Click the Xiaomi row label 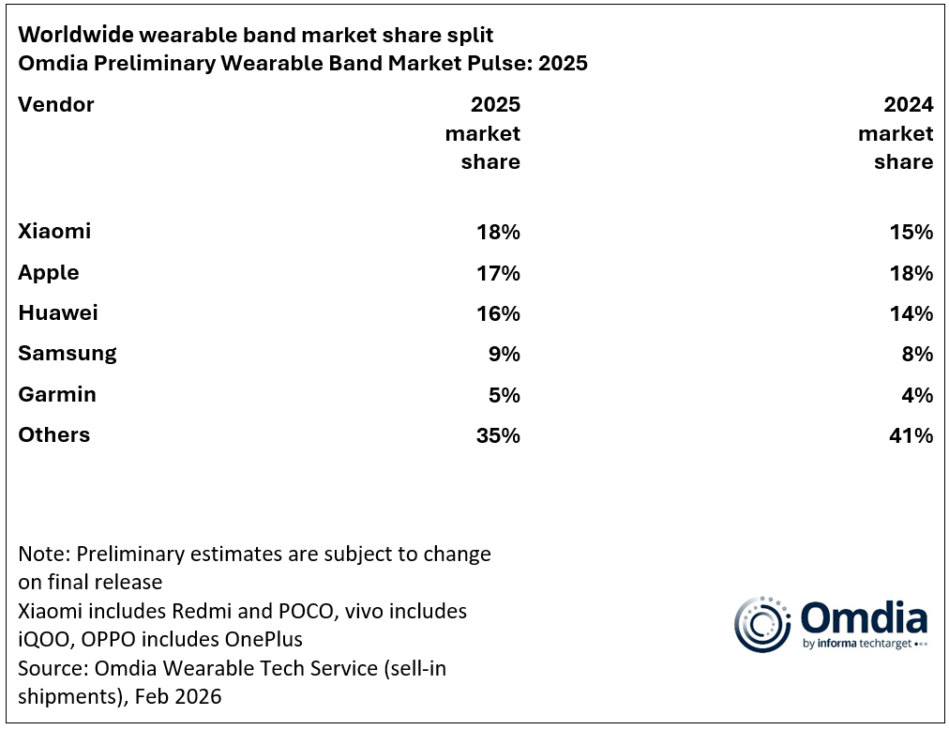pyautogui.click(x=54, y=231)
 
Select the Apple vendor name pyautogui.click(x=49, y=273)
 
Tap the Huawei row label pyautogui.click(x=58, y=312)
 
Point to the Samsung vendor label pyautogui.click(x=68, y=354)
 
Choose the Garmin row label pyautogui.click(x=57, y=394)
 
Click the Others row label pyautogui.click(x=54, y=434)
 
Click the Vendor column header pyautogui.click(x=56, y=104)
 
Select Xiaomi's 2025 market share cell pyautogui.click(x=498, y=232)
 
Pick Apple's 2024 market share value pyautogui.click(x=911, y=273)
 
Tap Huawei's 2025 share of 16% pyautogui.click(x=498, y=313)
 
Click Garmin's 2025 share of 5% pyautogui.click(x=504, y=395)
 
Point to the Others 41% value pyautogui.click(x=911, y=435)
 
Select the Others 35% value pyautogui.click(x=498, y=435)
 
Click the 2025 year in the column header pyautogui.click(x=495, y=104)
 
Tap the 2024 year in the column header pyautogui.click(x=909, y=104)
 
